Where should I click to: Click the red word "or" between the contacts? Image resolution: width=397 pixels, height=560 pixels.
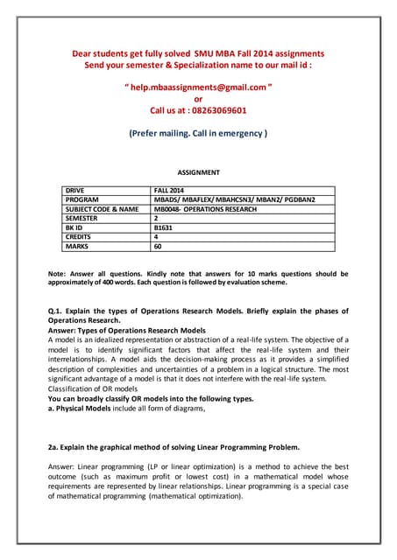click(198, 100)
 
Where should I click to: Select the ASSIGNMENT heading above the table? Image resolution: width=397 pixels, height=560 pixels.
click(198, 173)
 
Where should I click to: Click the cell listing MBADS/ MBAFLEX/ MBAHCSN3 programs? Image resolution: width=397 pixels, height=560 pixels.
click(233, 199)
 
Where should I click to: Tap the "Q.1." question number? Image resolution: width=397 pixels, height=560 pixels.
click(59, 311)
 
